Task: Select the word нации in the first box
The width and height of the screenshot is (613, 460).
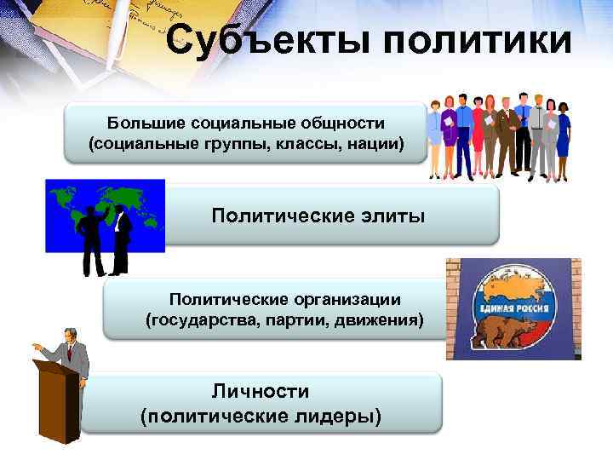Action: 375,142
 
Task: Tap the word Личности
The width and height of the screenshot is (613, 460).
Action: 261,391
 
